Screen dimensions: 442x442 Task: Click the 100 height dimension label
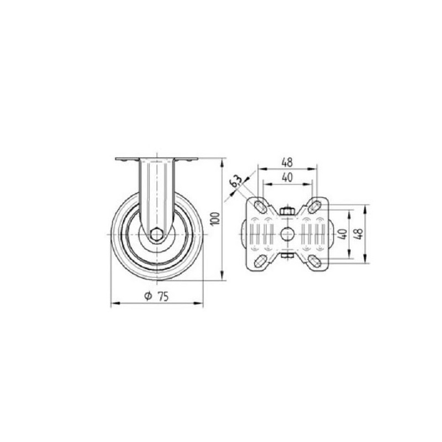tap(215, 218)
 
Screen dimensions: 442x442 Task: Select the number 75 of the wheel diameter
tap(163, 297)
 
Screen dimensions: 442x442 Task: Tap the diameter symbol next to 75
tap(148, 296)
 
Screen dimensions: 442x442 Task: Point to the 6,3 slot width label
tap(236, 181)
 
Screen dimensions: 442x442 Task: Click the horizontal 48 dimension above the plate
tap(287, 162)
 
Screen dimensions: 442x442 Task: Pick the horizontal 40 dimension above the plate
tap(287, 177)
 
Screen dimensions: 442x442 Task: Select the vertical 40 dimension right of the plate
tap(343, 234)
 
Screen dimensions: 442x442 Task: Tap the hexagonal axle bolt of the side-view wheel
tap(156, 234)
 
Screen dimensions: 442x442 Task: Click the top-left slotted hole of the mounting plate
tap(260, 207)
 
